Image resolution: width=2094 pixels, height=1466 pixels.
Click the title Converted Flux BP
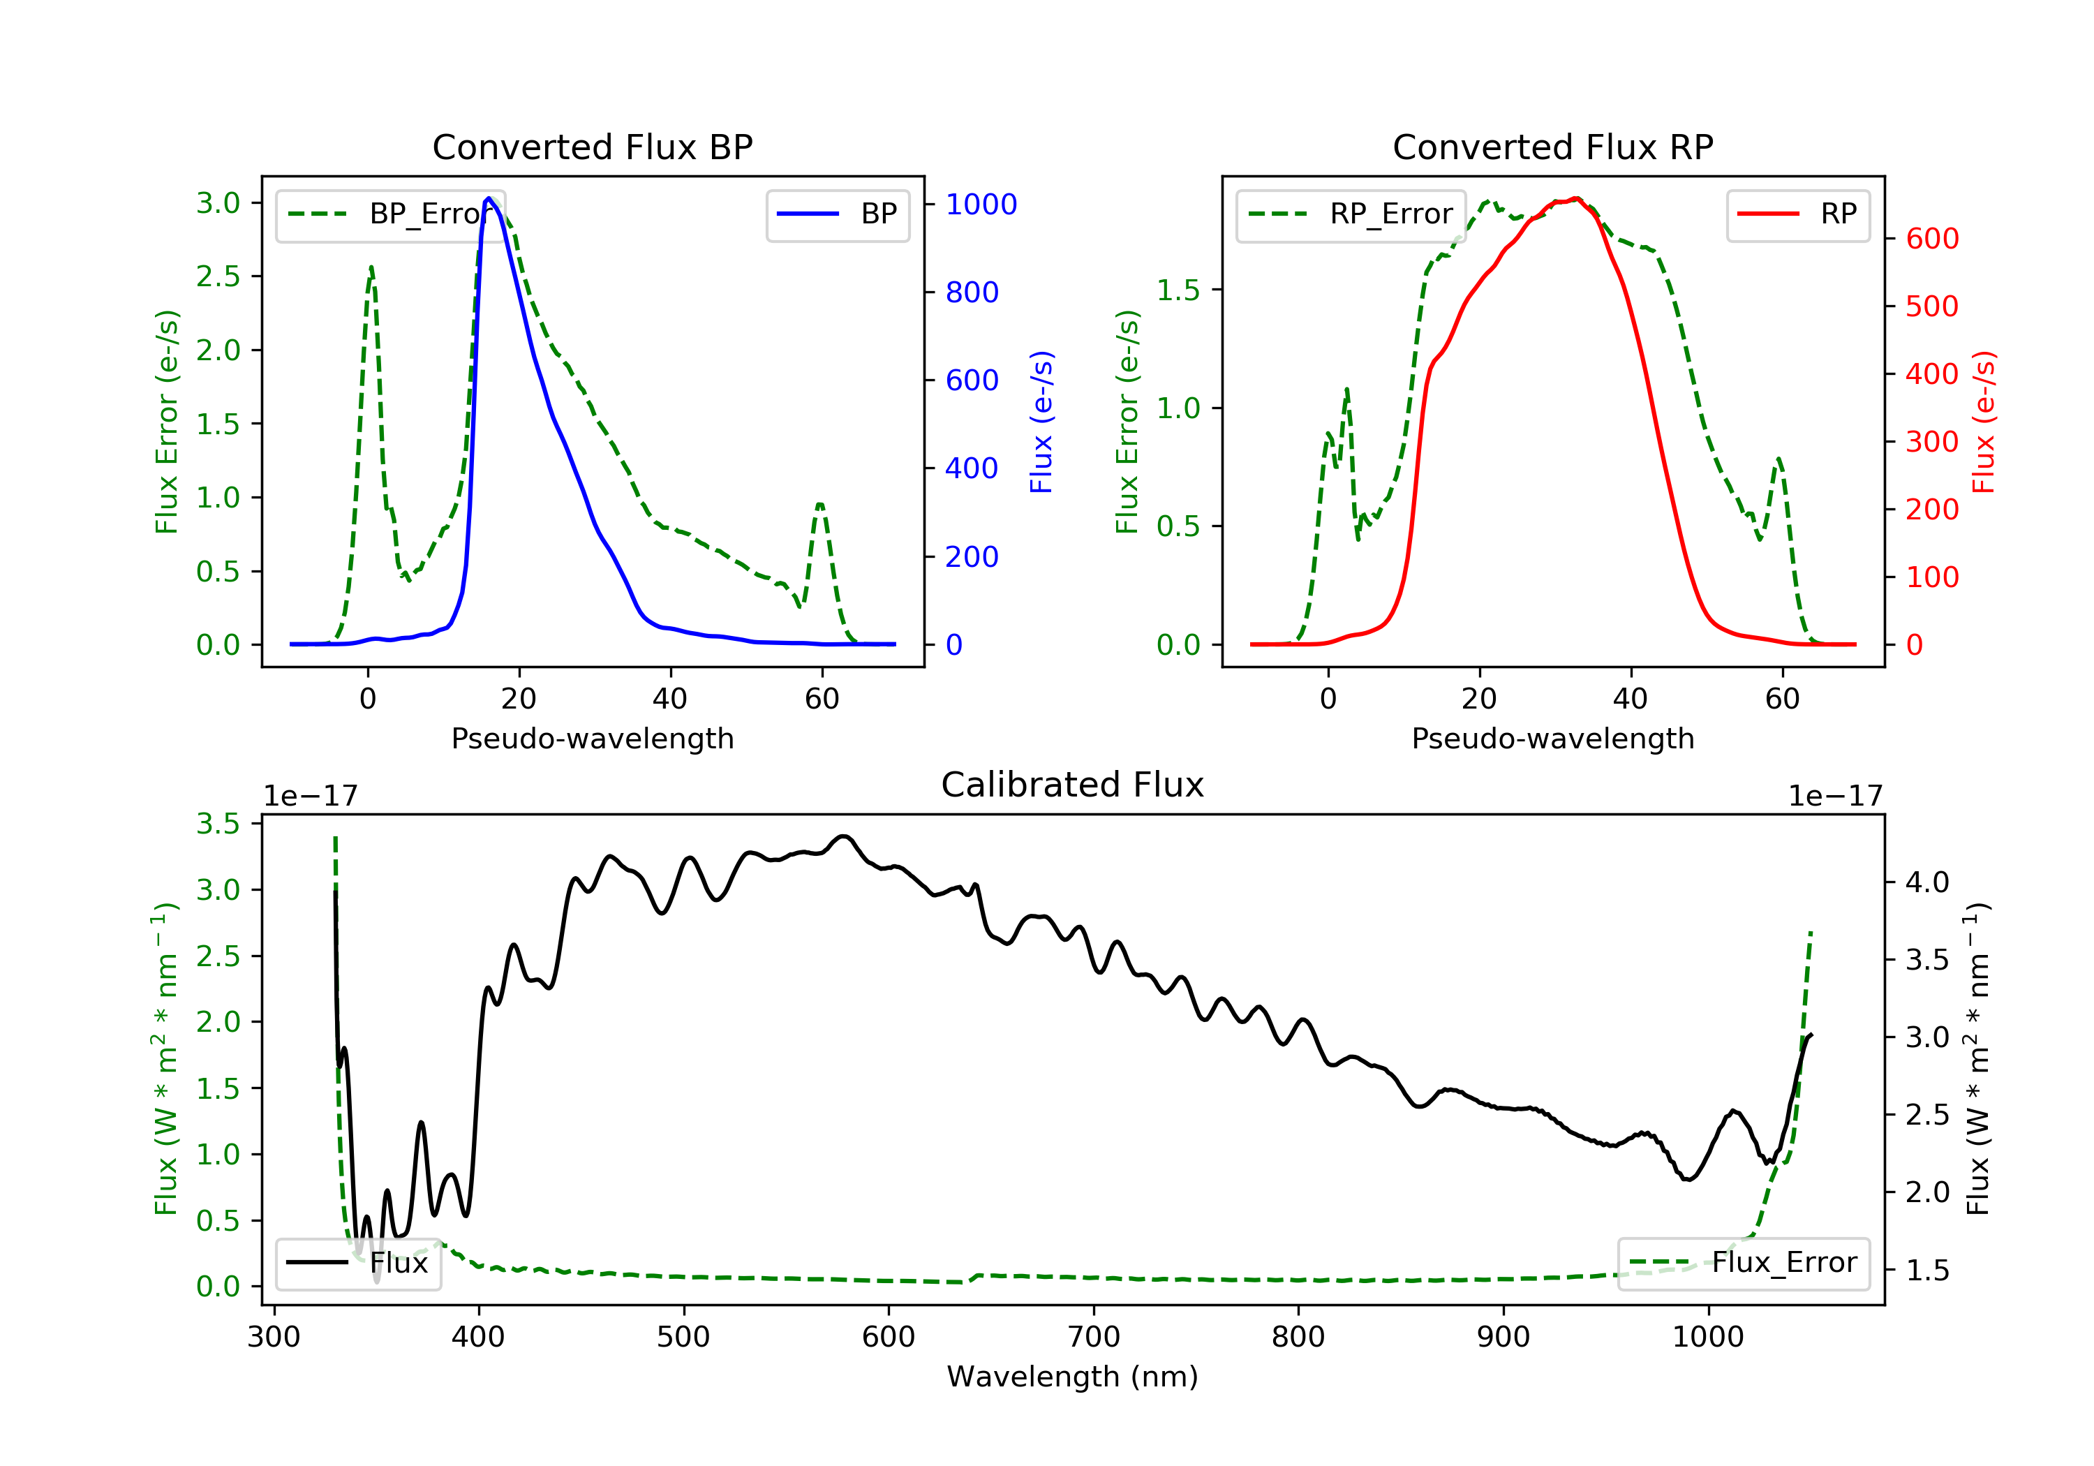[593, 147]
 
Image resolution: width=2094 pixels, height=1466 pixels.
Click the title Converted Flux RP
[1553, 147]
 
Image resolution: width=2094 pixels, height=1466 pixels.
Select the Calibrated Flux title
[1073, 785]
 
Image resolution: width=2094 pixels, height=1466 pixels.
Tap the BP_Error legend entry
[390, 214]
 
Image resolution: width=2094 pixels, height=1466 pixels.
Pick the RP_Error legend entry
[1351, 214]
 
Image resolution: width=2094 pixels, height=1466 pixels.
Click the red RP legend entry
[1797, 214]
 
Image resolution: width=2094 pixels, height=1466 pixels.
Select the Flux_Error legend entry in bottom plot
[1744, 1263]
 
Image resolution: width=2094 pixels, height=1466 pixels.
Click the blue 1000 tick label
[981, 205]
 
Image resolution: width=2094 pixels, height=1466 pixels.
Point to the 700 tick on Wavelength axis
[1094, 1338]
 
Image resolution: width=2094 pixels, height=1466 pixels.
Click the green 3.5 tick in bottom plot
[218, 824]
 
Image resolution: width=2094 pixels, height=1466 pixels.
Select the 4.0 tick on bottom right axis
[1928, 882]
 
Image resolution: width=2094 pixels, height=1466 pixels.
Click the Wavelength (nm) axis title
[1073, 1377]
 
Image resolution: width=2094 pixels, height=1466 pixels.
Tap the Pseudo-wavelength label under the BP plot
[593, 738]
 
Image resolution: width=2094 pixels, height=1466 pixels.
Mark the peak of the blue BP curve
[489, 198]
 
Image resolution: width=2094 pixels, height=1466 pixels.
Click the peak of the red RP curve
[1575, 199]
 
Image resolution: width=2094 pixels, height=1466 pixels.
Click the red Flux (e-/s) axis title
[1984, 422]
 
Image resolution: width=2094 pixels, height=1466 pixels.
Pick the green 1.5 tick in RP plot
[1178, 290]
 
